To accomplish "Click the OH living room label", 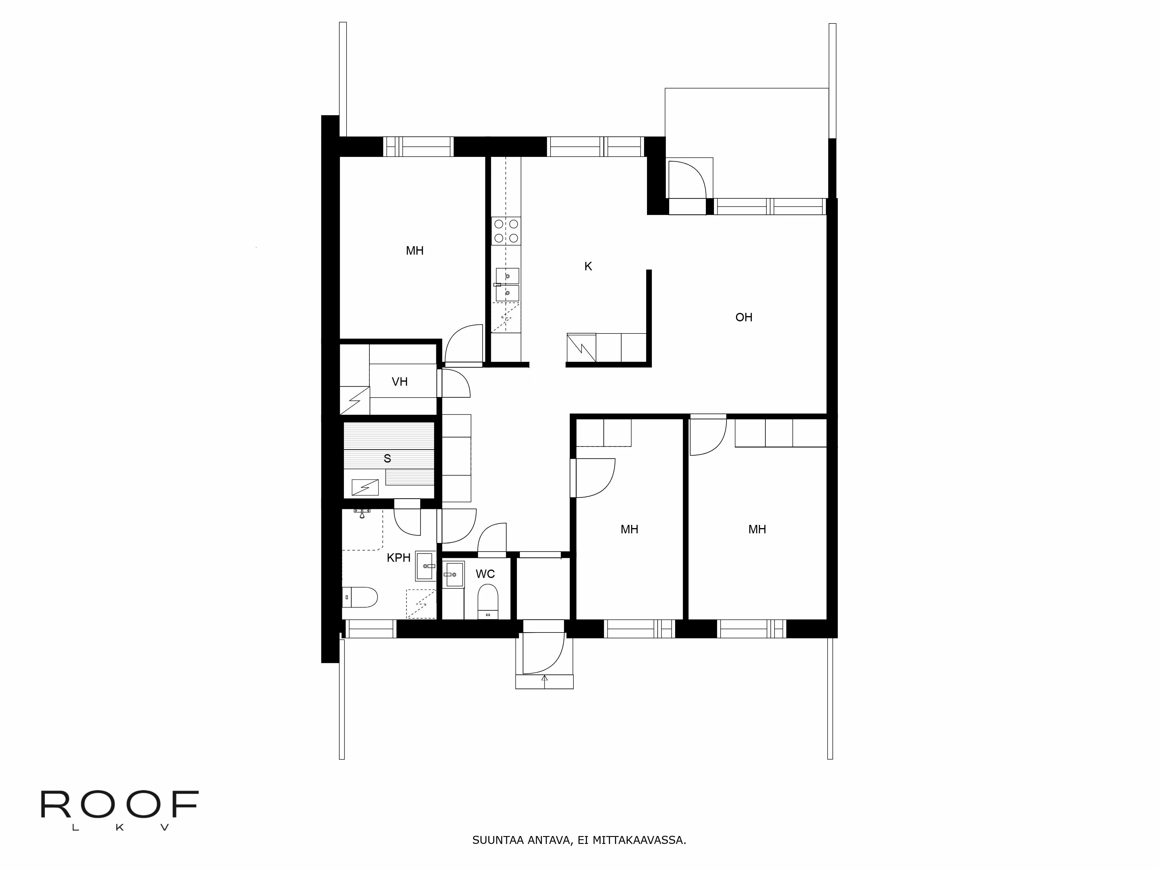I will tap(743, 317).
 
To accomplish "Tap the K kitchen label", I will tap(588, 267).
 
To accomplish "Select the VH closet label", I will tap(399, 382).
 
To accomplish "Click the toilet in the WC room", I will tap(488, 601).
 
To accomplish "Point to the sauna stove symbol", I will tap(365, 487).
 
